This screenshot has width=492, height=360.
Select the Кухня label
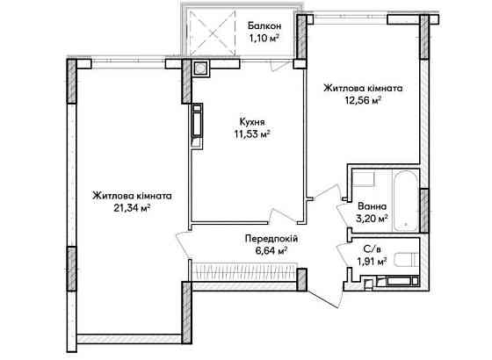(x=251, y=122)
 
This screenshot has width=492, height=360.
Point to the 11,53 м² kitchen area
(x=251, y=134)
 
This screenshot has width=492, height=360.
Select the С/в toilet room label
(x=373, y=248)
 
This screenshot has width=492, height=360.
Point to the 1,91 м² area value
(x=373, y=261)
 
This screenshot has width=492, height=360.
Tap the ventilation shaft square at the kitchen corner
(x=199, y=68)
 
